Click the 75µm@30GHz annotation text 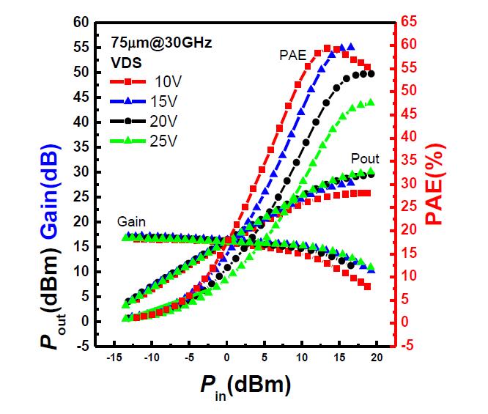(x=161, y=43)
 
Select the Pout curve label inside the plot (x=364, y=159)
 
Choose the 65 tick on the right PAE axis (x=407, y=22)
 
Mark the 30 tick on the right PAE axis (x=407, y=183)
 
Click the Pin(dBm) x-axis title (x=242, y=385)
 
